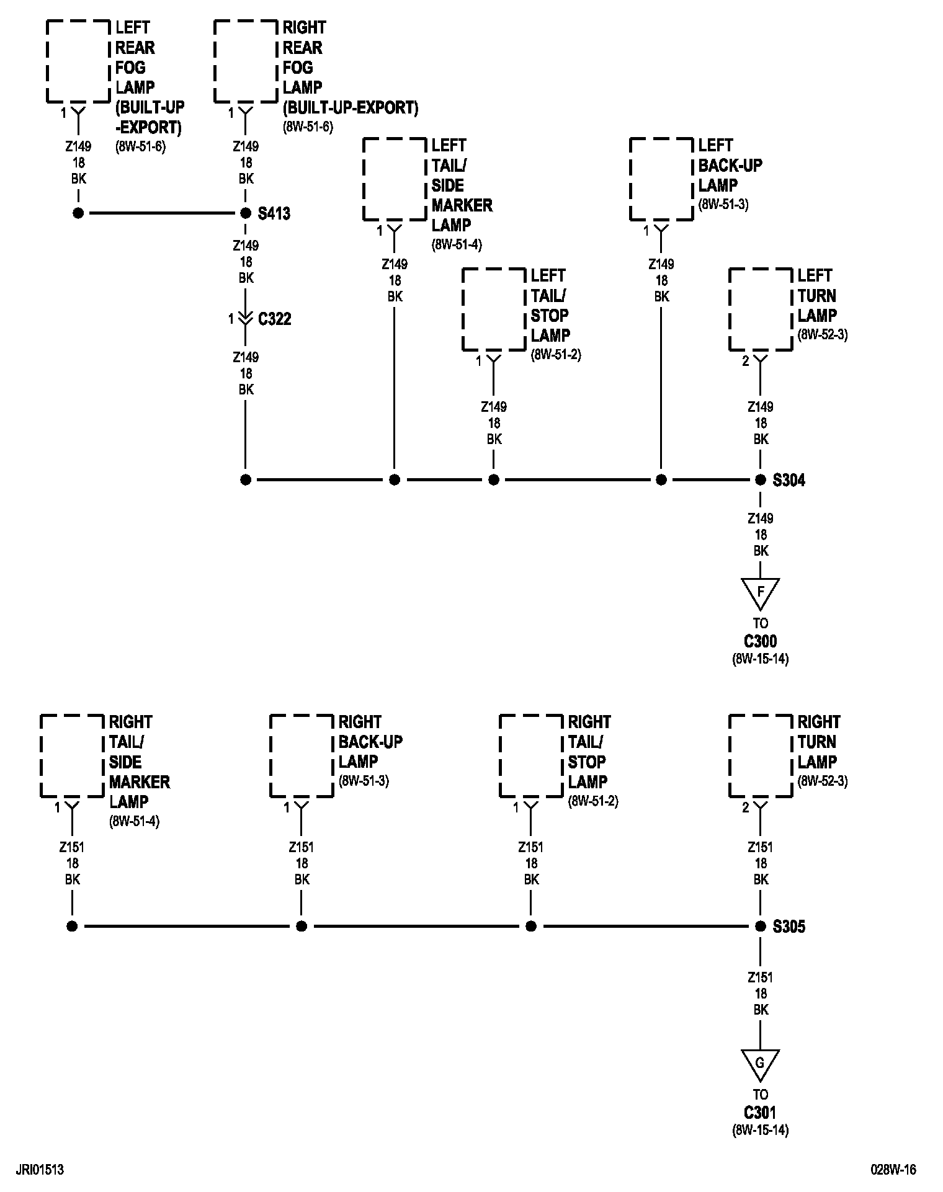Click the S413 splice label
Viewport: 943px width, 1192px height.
click(x=274, y=214)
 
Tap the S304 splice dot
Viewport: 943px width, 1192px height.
click(x=760, y=479)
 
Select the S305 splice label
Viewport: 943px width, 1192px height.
click(x=789, y=927)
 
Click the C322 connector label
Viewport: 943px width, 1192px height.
click(x=274, y=319)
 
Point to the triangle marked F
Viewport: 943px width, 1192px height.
click(x=760, y=593)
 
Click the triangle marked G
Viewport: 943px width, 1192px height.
click(x=760, y=1064)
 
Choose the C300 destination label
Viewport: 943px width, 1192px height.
click(x=760, y=641)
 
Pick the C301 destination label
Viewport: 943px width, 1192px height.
click(x=760, y=1113)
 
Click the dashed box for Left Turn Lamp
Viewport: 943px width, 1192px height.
click(x=761, y=309)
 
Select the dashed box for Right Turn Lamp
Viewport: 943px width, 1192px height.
click(x=761, y=756)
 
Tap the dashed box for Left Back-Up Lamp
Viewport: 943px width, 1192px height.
click(x=661, y=179)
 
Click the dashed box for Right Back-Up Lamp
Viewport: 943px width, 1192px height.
click(x=302, y=756)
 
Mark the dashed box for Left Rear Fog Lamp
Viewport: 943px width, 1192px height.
click(x=78, y=61)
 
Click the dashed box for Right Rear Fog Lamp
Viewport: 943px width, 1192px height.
click(x=246, y=61)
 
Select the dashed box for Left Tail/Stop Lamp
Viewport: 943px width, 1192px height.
click(x=494, y=309)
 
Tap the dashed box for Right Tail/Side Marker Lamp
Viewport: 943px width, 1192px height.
click(x=72, y=756)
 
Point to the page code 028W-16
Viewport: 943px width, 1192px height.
click(x=893, y=1170)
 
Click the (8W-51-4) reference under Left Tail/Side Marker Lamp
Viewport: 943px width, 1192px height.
click(x=457, y=244)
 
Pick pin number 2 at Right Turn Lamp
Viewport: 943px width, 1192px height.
click(x=746, y=807)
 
